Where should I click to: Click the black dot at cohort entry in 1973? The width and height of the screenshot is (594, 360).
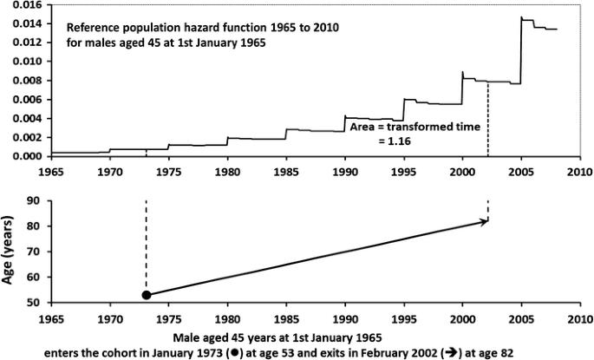pos(146,295)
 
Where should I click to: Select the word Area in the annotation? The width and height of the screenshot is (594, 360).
pos(362,126)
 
